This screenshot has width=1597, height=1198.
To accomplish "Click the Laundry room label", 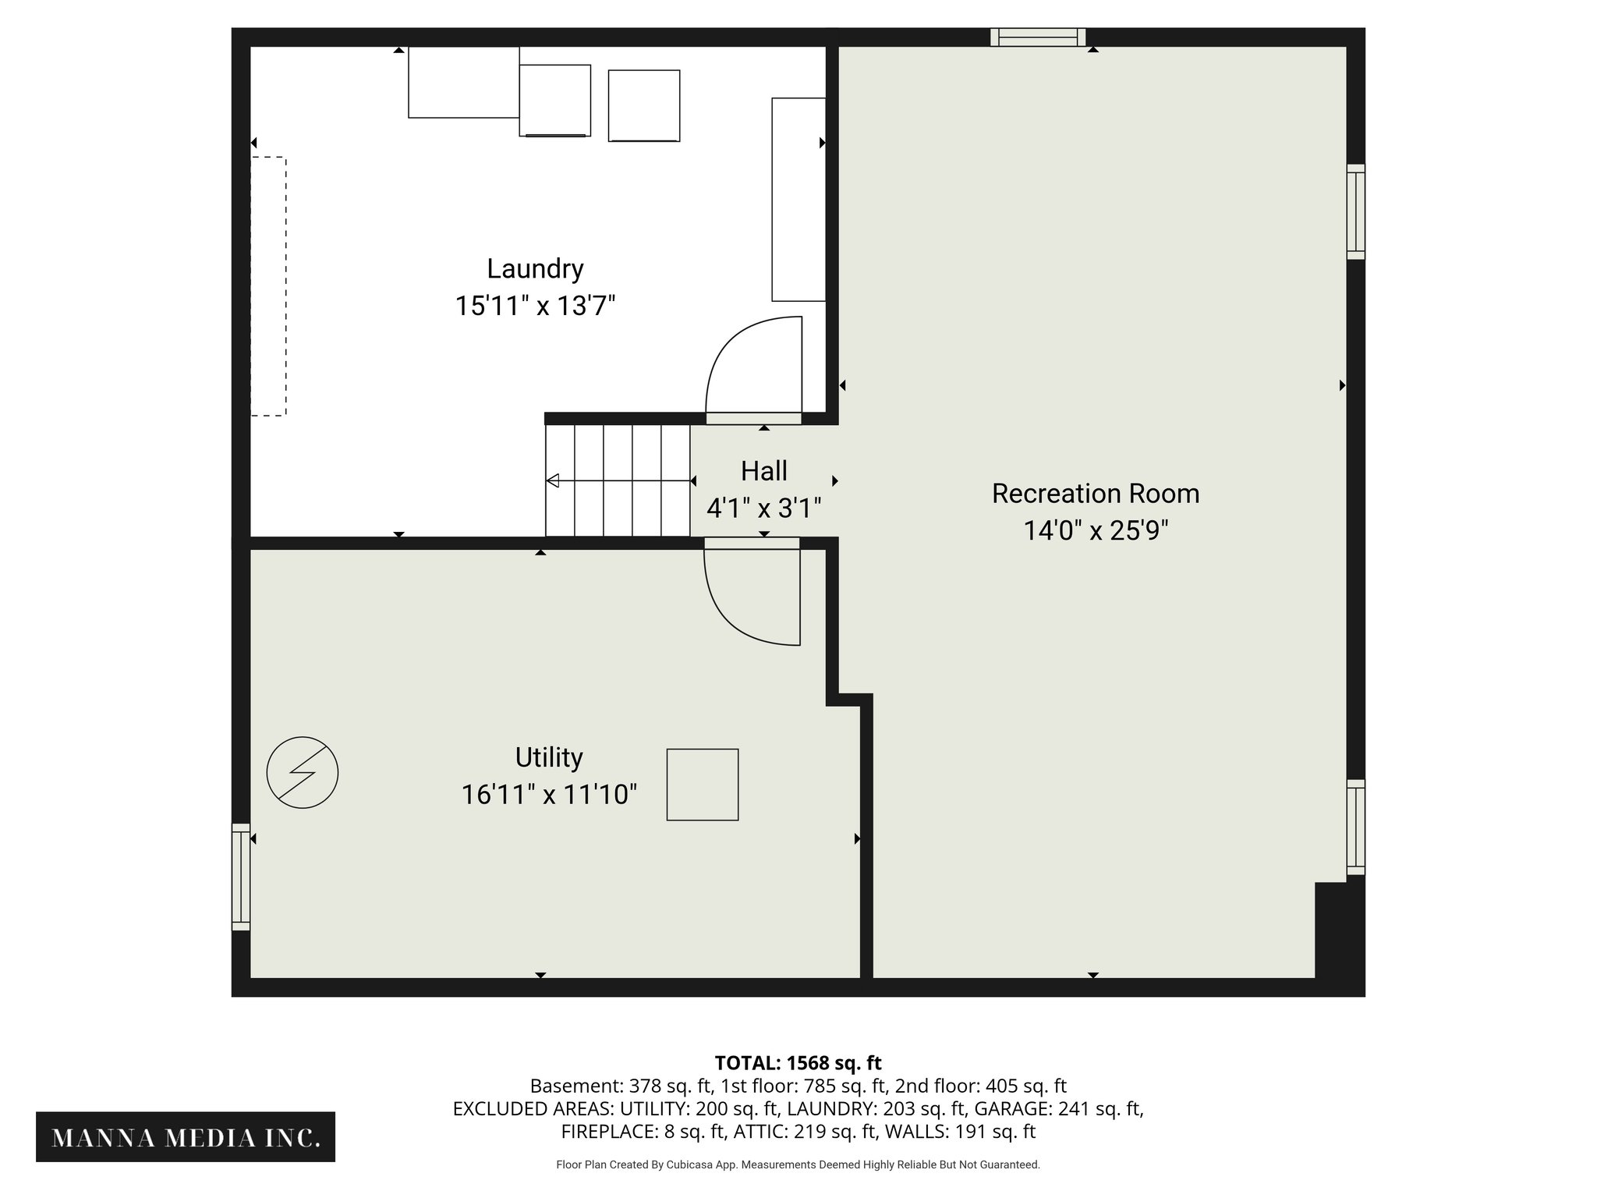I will point(535,269).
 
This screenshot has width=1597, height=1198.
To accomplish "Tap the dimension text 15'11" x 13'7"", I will point(535,306).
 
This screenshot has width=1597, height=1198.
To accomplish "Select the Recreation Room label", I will point(1095,494).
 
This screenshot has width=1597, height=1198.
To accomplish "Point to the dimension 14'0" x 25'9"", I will point(1095,531).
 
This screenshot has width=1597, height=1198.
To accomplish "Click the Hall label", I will point(763,471).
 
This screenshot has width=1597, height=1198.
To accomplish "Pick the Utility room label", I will point(548,757).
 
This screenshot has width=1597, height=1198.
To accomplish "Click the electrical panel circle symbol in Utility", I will point(303,772).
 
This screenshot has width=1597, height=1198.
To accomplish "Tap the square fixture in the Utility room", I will point(702,785).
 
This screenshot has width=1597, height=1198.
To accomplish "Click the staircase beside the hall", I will point(618,480).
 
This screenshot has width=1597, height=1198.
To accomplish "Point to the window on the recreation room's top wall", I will point(1037,37).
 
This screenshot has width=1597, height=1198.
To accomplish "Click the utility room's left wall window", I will point(241,877).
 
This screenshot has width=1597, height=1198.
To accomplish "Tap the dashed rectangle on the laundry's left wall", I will point(268,286).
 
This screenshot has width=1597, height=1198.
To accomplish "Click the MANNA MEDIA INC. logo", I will point(186,1138).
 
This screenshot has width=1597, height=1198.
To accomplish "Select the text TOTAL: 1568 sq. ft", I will point(798,1063).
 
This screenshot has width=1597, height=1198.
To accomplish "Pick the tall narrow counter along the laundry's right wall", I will point(798,200).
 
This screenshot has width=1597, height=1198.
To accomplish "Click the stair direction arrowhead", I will point(553,480).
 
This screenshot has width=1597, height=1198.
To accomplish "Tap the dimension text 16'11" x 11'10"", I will point(549,795).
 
